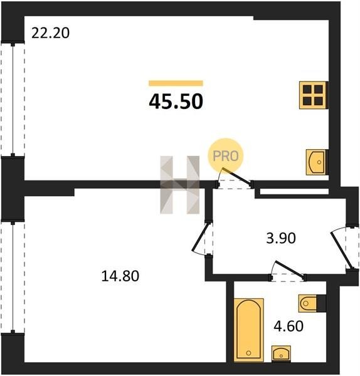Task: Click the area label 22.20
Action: [50, 33]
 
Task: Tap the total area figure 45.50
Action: [176, 102]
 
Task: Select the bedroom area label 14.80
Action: [120, 276]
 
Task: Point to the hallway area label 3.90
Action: [281, 239]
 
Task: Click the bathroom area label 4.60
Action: [289, 326]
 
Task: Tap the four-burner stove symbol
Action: [313, 95]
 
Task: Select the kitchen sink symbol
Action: [317, 162]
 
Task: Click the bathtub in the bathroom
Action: [248, 330]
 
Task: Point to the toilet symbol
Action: [308, 303]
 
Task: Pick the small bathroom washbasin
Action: [281, 353]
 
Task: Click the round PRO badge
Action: [226, 156]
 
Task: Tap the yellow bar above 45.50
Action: [176, 83]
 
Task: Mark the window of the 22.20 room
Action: [13, 100]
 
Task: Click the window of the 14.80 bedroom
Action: [13, 278]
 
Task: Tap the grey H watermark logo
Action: [180, 185]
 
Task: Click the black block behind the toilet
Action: [321, 303]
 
